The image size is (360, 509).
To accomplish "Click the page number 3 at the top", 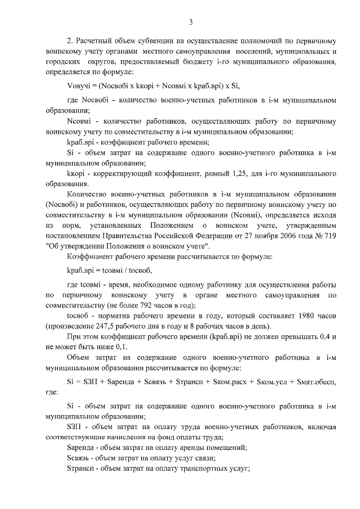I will click(191, 22).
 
